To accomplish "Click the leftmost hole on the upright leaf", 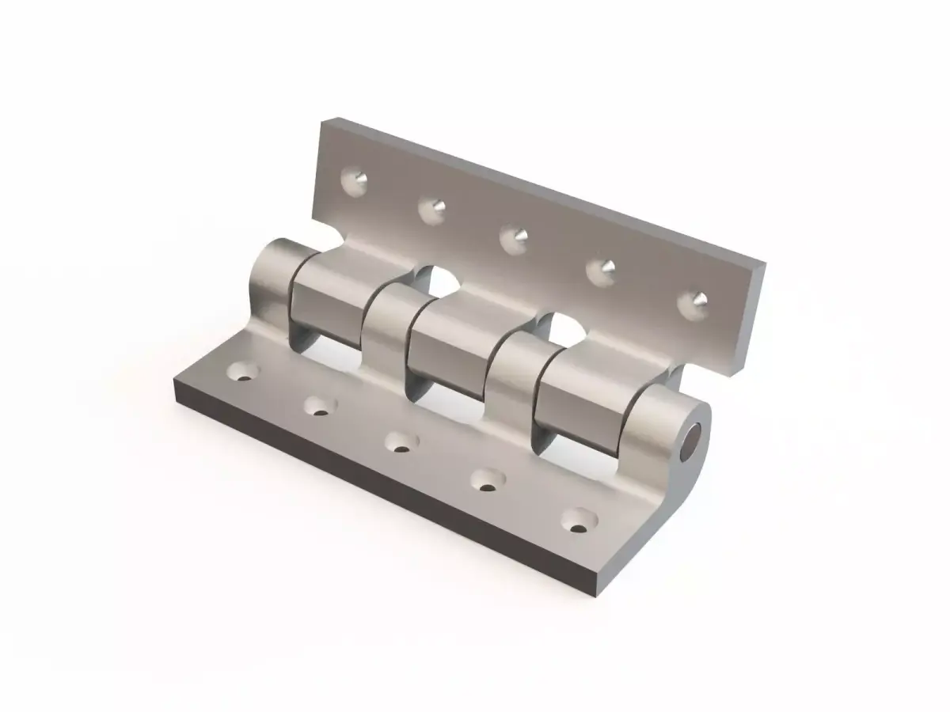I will [x=354, y=181].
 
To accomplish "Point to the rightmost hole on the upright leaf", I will [x=694, y=301].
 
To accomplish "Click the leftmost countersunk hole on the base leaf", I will [x=243, y=370].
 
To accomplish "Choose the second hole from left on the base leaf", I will [x=318, y=406].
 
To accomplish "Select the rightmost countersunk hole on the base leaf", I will [x=580, y=518].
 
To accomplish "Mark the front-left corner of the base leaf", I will [x=175, y=384].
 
